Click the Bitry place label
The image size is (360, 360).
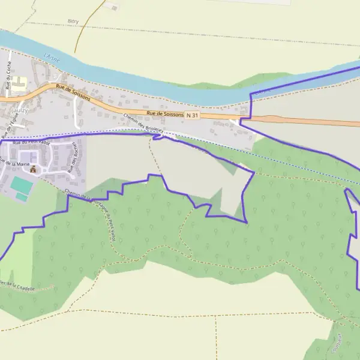[x=73, y=21]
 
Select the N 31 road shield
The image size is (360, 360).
[x=191, y=115]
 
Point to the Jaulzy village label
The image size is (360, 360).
[x=20, y=111]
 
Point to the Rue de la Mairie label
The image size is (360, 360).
[x=15, y=163]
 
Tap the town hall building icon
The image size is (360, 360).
[x=33, y=170]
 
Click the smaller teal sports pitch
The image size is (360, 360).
[x=22, y=197]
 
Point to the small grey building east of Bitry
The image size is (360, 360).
[x=113, y=7]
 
